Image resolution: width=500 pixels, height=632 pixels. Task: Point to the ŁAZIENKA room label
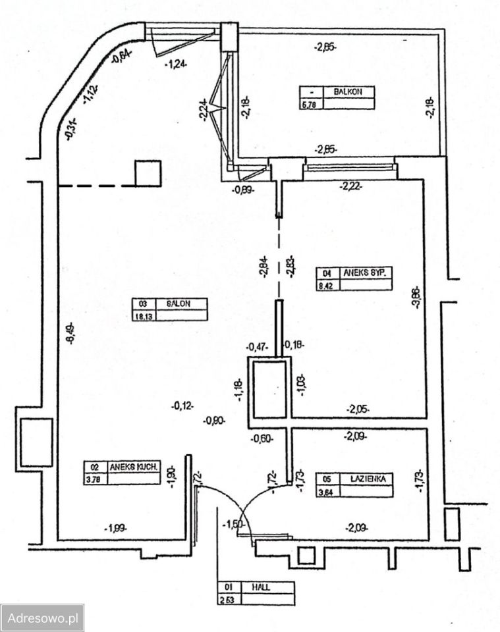(364, 479)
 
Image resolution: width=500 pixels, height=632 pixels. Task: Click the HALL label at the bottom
(258, 587)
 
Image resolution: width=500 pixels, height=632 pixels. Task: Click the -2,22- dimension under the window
(350, 187)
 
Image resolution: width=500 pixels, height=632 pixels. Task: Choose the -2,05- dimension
(358, 409)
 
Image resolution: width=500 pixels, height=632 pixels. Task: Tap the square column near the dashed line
(148, 173)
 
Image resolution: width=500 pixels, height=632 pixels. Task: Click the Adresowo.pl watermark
(42, 618)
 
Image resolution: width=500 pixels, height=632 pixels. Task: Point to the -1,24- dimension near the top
(174, 64)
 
